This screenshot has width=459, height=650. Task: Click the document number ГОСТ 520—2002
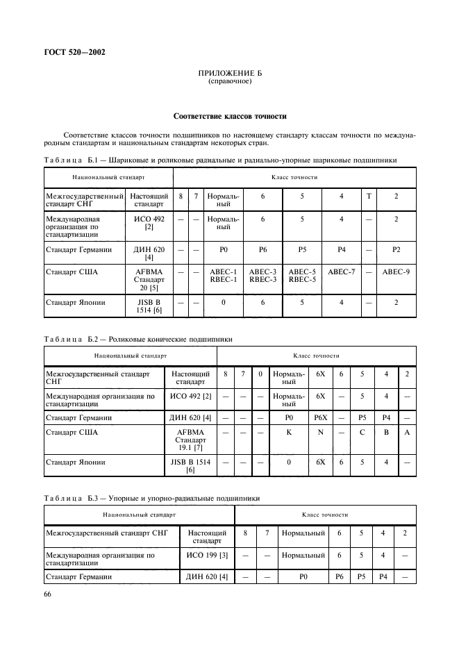click(x=76, y=52)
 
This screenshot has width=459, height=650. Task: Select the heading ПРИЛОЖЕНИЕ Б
click(x=229, y=73)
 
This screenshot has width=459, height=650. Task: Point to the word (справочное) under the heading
click(x=229, y=81)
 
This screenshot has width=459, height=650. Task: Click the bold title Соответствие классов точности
click(x=229, y=116)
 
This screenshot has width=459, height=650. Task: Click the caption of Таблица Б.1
click(x=220, y=160)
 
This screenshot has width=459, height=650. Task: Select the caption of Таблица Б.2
click(x=138, y=339)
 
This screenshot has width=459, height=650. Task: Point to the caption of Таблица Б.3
click(x=152, y=498)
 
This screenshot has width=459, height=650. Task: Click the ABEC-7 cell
click(x=341, y=272)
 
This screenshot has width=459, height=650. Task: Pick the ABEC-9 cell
click(x=396, y=272)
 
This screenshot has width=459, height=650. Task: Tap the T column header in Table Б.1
click(x=368, y=197)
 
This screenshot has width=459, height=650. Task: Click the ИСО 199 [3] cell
click(x=207, y=556)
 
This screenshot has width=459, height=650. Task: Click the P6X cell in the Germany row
click(x=320, y=418)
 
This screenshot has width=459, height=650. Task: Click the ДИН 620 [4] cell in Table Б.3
click(x=207, y=576)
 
